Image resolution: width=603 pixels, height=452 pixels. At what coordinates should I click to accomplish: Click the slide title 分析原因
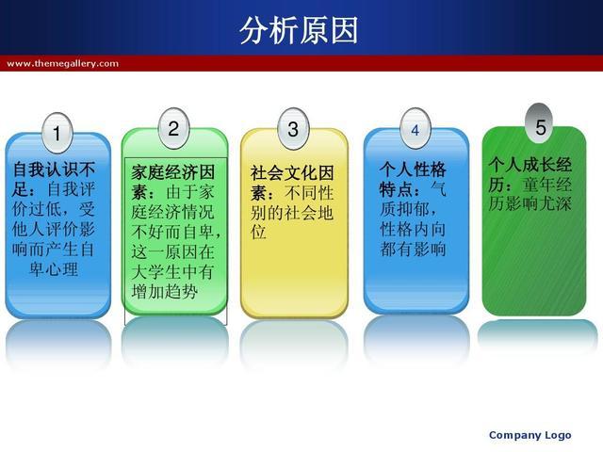[x=299, y=30]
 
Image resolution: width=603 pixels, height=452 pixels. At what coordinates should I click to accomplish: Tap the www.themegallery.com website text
[x=63, y=63]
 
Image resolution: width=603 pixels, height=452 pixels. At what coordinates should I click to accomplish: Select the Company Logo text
[x=530, y=435]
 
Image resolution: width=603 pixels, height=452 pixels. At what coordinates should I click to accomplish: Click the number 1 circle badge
[x=57, y=133]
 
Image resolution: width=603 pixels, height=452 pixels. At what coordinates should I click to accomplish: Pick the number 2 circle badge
[x=173, y=128]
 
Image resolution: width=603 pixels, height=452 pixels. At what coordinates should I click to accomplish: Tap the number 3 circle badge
[x=293, y=129]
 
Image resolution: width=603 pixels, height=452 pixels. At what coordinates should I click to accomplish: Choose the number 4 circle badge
[x=415, y=129]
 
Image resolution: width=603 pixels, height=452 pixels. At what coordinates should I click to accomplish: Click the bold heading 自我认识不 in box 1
[x=54, y=169]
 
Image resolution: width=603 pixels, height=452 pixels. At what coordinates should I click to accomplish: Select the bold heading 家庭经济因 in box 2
[x=173, y=171]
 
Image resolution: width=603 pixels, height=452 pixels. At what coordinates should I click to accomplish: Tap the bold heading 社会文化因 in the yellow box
[x=292, y=173]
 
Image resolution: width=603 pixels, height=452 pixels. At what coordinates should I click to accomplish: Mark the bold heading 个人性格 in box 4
[x=413, y=169]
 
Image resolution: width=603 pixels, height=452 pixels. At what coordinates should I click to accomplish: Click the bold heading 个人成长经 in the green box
[x=530, y=165]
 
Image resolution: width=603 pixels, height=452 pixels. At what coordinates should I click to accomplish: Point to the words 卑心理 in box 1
[x=54, y=269]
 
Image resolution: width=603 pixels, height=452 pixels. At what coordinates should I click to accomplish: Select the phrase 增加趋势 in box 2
[x=165, y=292]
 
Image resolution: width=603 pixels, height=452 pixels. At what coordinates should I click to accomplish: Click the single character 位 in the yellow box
[x=258, y=233]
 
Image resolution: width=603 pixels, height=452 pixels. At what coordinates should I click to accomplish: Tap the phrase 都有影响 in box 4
[x=413, y=249]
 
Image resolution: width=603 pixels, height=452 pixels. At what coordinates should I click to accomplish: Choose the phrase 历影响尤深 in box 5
[x=530, y=203]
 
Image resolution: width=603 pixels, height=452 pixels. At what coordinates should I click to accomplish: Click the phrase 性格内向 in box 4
[x=413, y=229]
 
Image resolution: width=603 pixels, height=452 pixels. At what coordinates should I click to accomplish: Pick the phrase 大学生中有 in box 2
[x=173, y=272]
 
